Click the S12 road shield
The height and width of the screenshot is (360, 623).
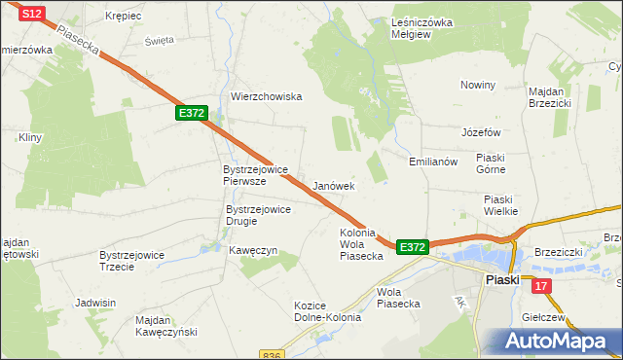(32, 13)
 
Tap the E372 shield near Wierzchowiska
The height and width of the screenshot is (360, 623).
(191, 114)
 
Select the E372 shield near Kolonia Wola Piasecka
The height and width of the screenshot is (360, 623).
(413, 248)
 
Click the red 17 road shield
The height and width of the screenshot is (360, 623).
(541, 285)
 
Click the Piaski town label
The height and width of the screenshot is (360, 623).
(502, 279)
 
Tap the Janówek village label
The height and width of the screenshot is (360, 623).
(334, 185)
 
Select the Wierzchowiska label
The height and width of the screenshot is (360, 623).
(267, 96)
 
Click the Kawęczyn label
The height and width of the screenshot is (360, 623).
(253, 250)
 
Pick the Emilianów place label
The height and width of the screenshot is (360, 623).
(433, 162)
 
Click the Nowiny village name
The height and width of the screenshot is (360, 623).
(479, 85)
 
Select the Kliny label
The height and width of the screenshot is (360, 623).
(29, 138)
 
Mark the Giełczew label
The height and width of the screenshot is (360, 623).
(544, 317)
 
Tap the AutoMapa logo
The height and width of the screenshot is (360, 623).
(558, 341)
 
